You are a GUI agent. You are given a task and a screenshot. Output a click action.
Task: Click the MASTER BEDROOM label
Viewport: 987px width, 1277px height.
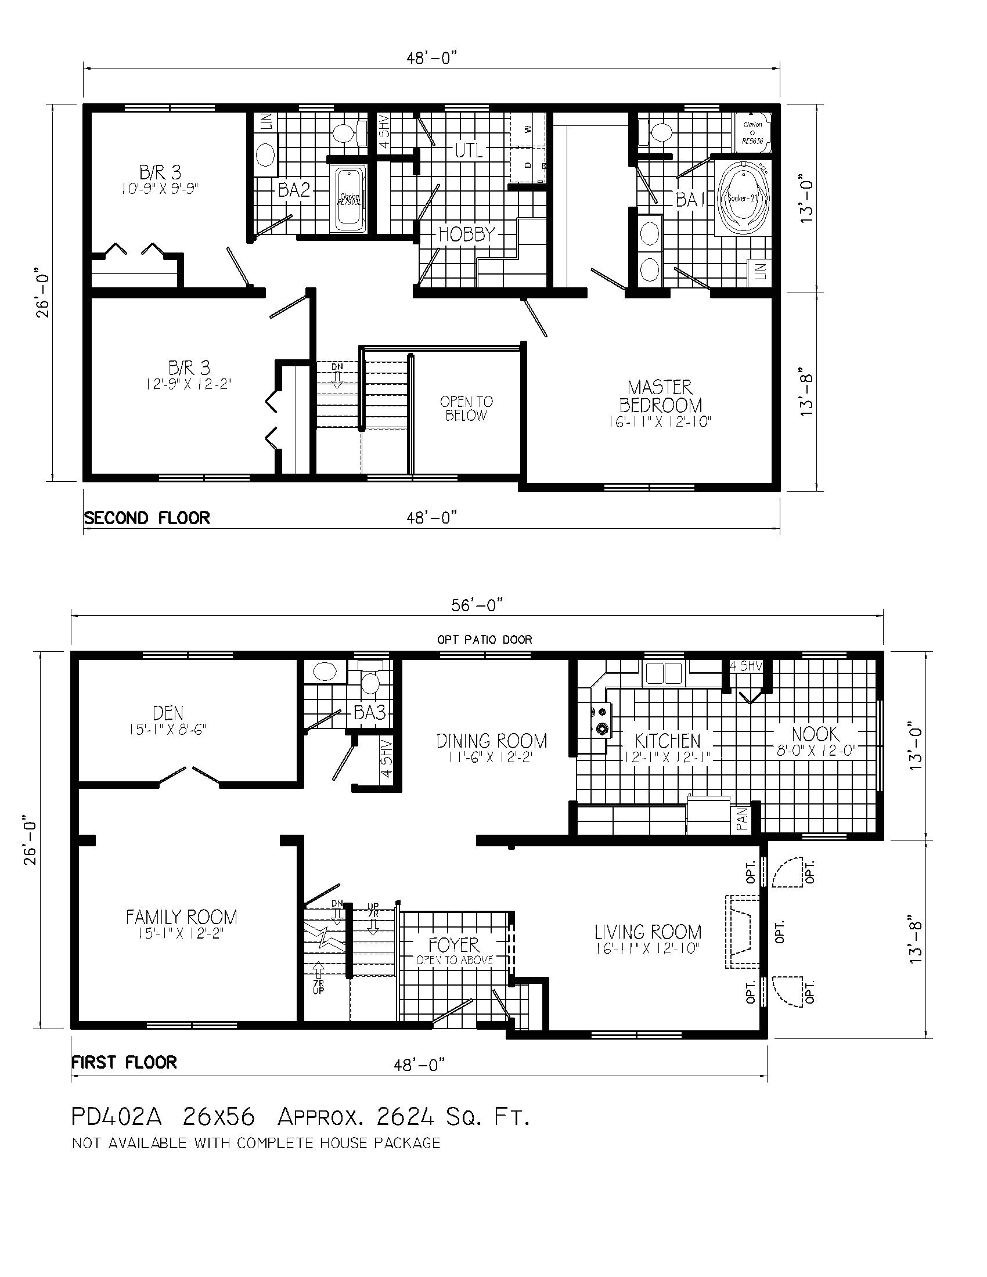click(x=660, y=396)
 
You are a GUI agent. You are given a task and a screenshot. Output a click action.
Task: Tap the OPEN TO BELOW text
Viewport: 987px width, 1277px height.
click(x=466, y=409)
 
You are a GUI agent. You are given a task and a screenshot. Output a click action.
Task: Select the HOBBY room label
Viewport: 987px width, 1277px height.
click(x=467, y=235)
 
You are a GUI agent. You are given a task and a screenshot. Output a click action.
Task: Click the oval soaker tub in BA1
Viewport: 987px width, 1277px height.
click(x=743, y=198)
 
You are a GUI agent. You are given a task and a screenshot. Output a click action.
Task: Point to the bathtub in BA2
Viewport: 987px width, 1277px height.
click(x=350, y=199)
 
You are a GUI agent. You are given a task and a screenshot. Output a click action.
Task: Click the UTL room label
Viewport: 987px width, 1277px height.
click(x=469, y=151)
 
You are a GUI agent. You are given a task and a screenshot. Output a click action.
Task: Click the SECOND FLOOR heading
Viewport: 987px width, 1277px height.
click(x=147, y=518)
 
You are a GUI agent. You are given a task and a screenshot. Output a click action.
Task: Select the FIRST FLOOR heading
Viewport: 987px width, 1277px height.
click(x=124, y=1062)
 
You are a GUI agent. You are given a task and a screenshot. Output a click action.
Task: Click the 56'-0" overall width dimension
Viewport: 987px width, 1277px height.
click(x=477, y=607)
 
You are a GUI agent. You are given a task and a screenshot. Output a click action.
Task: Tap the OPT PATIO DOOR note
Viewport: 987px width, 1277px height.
click(x=485, y=640)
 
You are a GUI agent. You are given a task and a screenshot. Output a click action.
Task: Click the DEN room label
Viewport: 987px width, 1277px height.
click(x=168, y=713)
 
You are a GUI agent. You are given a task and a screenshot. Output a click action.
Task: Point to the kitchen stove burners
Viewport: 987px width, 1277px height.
click(x=601, y=720)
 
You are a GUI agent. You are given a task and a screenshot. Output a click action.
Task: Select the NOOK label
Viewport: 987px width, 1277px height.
click(x=815, y=734)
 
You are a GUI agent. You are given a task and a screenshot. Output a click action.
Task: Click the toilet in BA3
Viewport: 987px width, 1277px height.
click(x=369, y=683)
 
